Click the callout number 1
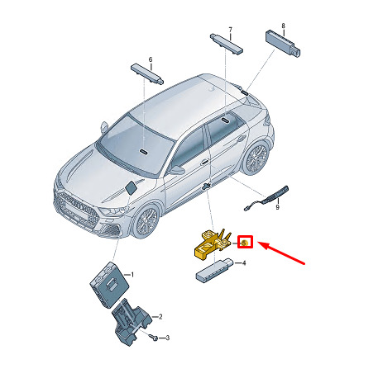132,275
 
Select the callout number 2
160,317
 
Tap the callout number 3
167,338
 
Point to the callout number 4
244,263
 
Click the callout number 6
151,59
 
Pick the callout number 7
230,30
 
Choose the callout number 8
283,26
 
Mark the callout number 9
278,207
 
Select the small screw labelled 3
154,337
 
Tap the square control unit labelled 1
109,284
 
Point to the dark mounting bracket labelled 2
131,322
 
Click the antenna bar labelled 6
147,73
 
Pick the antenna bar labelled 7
226,44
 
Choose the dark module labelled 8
283,44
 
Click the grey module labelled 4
213,271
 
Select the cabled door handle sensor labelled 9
267,198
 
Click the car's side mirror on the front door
176,170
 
